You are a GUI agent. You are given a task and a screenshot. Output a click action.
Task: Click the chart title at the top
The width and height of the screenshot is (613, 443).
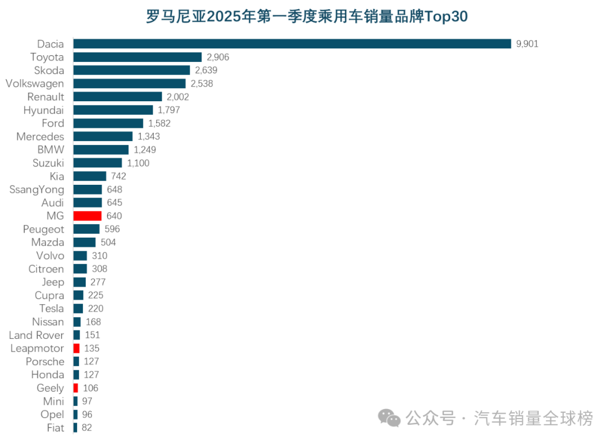click(306, 16)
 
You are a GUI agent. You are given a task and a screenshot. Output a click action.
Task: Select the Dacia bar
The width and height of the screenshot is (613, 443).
click(292, 44)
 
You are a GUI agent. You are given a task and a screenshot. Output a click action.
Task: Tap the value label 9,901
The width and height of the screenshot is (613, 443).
click(527, 44)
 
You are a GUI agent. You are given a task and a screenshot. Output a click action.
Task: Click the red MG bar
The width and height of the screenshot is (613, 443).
click(87, 216)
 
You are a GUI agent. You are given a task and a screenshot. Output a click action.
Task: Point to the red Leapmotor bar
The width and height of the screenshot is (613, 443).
click(77, 348)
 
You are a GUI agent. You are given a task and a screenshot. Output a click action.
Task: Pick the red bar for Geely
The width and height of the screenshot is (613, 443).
click(76, 388)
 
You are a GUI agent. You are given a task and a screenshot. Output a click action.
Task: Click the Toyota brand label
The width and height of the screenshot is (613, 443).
click(47, 57)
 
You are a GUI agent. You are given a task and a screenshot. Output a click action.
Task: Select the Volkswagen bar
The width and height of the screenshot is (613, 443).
click(129, 84)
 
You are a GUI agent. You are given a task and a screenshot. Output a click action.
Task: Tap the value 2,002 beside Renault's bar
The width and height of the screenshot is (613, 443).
click(178, 97)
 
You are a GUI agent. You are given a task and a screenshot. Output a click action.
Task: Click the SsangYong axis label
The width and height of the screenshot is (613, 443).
click(37, 189)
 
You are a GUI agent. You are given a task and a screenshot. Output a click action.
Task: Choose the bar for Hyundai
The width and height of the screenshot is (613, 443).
click(113, 110)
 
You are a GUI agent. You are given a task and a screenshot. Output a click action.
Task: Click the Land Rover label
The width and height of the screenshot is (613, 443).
click(36, 335)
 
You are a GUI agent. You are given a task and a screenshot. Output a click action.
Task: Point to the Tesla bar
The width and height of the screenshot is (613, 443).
click(78, 308)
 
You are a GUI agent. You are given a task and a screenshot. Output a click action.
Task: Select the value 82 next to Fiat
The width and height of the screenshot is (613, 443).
click(86, 428)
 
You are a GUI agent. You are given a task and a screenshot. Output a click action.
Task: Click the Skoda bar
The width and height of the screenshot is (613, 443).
click(132, 70)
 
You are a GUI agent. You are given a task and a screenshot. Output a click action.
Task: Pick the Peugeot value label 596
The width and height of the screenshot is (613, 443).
click(112, 229)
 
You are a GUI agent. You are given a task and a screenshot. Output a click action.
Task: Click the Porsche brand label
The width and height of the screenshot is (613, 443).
click(45, 362)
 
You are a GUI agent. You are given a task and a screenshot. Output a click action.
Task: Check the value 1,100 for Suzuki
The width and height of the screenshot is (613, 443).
click(138, 163)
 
